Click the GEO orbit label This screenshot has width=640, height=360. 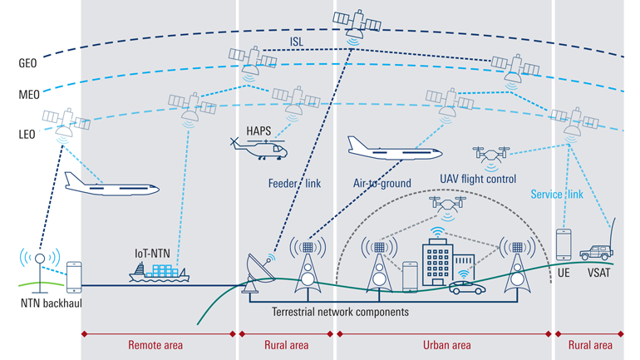27,62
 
